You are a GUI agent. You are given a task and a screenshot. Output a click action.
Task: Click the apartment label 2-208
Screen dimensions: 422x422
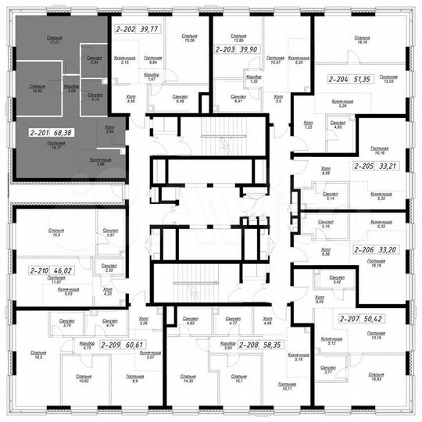click(x=250, y=344)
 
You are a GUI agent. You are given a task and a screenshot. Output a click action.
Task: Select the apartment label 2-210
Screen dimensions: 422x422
click(x=39, y=270)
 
